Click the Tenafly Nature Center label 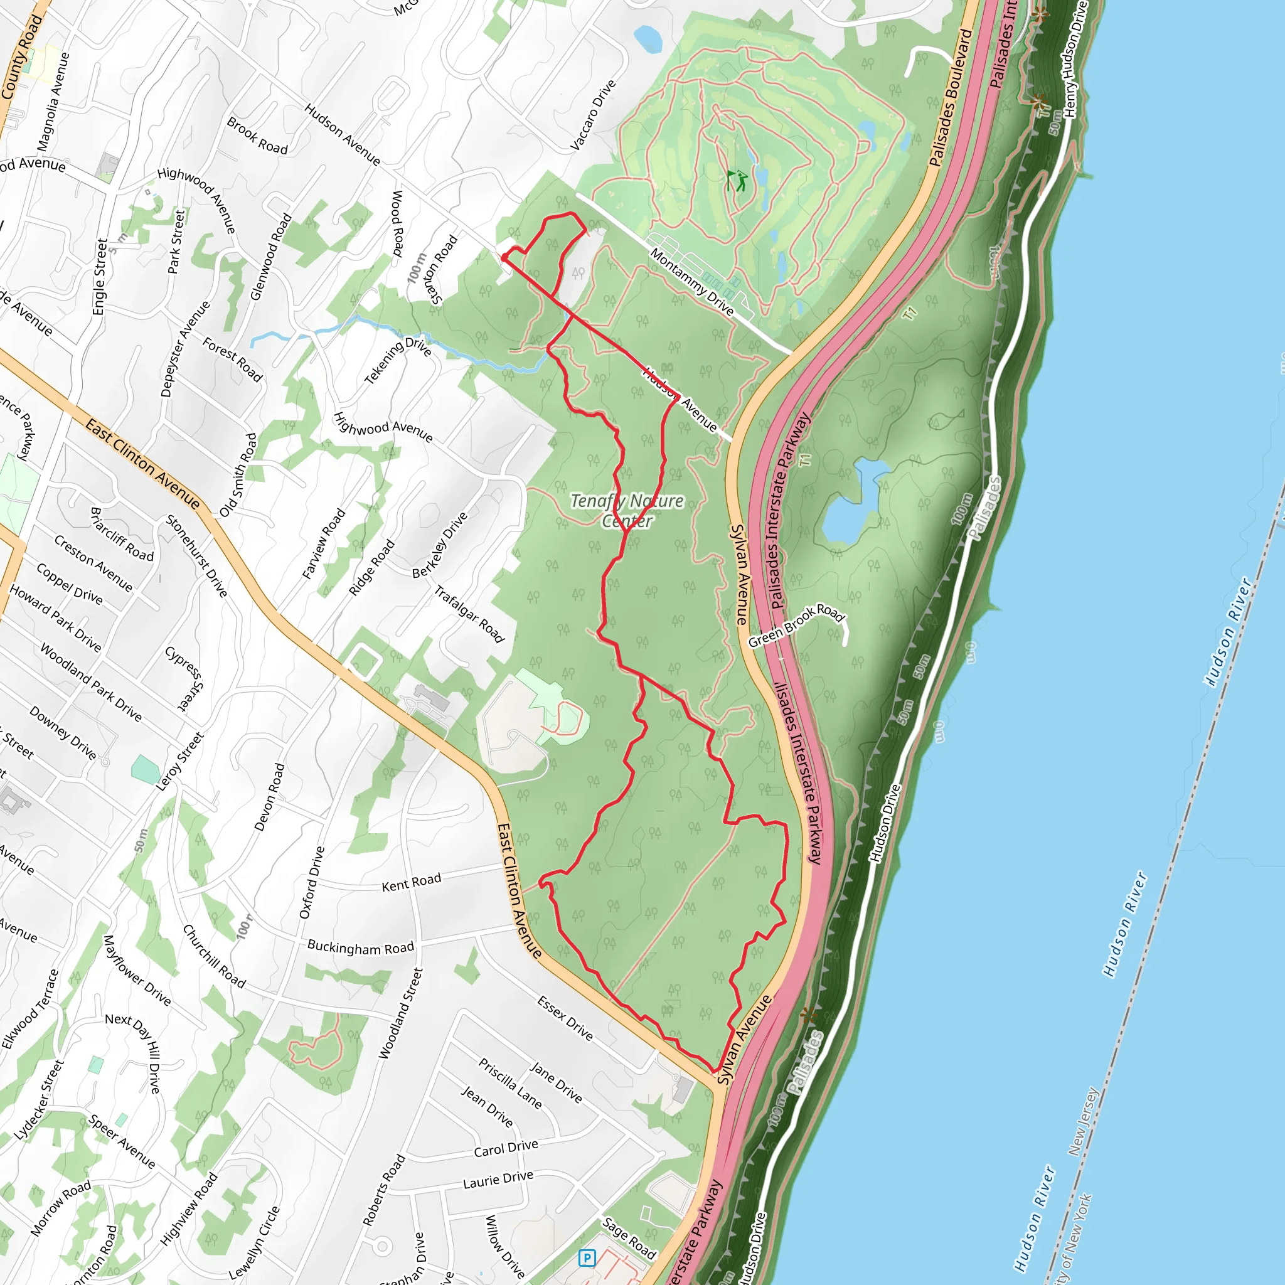coord(627,510)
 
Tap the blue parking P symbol coord(587,1258)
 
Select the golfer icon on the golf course coord(737,180)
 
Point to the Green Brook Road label coord(796,625)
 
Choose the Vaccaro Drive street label coord(594,115)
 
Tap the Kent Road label coord(411,883)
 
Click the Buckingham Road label coord(361,947)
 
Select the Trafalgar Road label coord(469,614)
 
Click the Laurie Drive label coord(498,1180)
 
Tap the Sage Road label coord(629,1238)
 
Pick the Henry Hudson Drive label coord(1075,60)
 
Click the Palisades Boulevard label coord(951,98)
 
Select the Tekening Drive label coord(398,361)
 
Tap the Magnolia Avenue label coord(53,102)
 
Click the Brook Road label coord(257,136)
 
